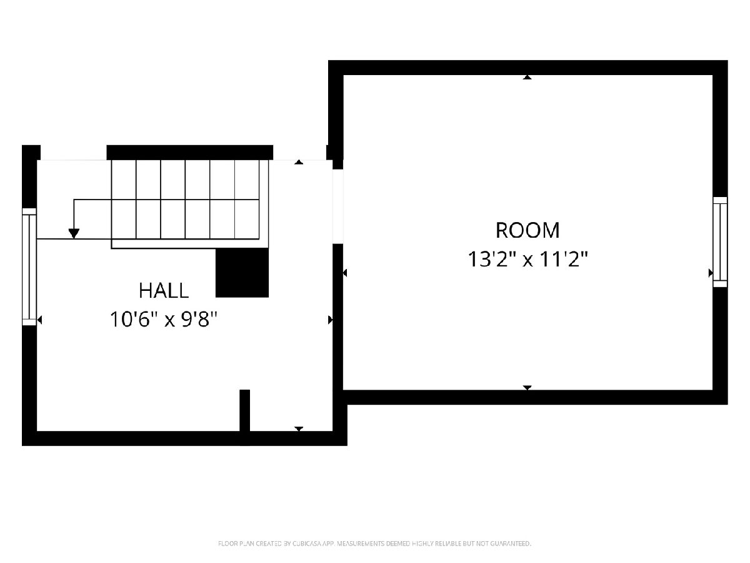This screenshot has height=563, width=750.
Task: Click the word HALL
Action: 164,290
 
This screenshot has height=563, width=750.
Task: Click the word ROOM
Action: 527,230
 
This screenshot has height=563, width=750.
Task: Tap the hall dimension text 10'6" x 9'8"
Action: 164,319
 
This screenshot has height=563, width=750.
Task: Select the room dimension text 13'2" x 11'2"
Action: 527,259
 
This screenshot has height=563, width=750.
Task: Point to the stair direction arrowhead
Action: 74,233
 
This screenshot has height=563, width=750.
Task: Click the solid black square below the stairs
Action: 242,273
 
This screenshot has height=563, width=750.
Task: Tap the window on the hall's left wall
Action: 29,266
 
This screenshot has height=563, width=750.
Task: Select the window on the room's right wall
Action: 720,241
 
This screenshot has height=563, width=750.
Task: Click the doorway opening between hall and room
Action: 338,206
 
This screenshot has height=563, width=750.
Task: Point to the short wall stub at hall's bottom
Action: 244,410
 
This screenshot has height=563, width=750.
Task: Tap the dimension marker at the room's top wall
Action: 527,77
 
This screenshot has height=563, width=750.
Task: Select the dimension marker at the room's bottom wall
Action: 527,387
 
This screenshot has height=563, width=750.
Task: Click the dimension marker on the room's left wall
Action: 345,273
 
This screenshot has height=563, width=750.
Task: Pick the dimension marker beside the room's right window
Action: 711,273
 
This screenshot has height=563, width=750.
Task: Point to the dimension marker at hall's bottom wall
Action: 299,429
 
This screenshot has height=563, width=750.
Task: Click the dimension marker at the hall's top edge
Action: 299,162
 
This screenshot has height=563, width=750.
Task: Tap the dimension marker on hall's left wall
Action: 39,320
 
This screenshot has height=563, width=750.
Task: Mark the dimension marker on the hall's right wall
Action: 331,320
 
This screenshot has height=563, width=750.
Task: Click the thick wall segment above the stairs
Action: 189,153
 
